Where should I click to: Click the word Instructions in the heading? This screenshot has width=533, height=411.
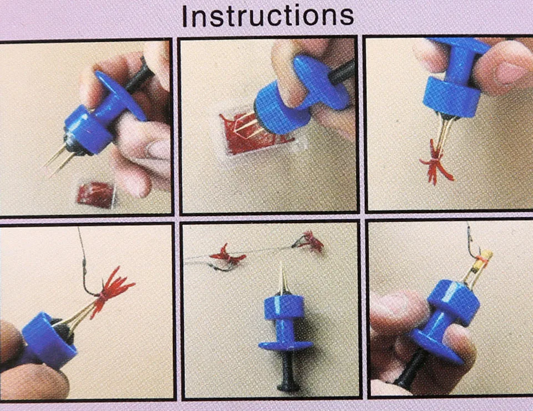[268, 16]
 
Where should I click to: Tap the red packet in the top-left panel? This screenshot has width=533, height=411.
[96, 195]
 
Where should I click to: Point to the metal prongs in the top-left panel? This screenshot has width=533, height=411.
[59, 159]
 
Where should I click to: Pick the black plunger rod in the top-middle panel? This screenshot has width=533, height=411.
[341, 73]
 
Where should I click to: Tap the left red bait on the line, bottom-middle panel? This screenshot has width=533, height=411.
[227, 255]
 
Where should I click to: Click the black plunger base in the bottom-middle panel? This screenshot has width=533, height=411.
[288, 370]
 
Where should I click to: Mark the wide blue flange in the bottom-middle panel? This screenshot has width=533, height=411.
[285, 345]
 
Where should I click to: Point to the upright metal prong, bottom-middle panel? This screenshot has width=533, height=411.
[282, 277]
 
